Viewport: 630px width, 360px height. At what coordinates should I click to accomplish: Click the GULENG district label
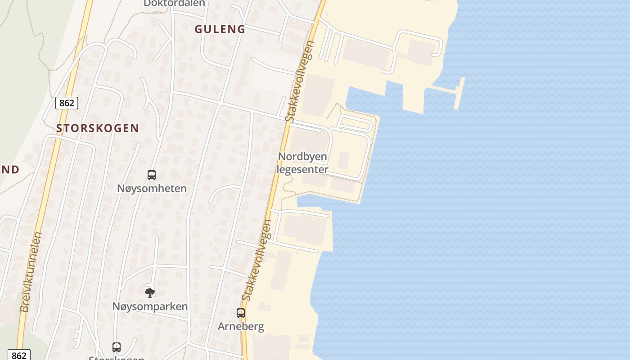220,29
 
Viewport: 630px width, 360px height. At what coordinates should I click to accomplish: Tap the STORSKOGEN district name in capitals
98,128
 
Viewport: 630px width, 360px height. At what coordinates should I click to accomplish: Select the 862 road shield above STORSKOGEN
67,103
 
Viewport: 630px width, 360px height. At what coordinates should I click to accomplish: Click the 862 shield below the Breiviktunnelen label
18,355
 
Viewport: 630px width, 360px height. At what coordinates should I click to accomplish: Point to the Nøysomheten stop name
152,188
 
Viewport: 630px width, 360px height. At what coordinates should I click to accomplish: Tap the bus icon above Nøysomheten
152,175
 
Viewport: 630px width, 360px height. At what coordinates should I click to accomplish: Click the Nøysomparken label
150,306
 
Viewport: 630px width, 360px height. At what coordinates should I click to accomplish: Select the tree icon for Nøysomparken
150,293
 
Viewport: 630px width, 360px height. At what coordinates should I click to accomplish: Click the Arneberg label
241,326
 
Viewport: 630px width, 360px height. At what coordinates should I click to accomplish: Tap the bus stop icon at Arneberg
241,313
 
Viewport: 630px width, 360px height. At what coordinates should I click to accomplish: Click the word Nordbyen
302,157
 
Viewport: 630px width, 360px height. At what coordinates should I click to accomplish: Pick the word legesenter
302,170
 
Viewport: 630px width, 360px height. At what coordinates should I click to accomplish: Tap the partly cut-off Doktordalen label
174,4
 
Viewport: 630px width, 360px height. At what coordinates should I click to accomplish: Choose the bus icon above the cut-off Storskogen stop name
117,347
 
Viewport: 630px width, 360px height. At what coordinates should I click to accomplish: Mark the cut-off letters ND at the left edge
9,170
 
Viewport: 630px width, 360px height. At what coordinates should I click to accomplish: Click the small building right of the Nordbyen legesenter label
344,161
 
